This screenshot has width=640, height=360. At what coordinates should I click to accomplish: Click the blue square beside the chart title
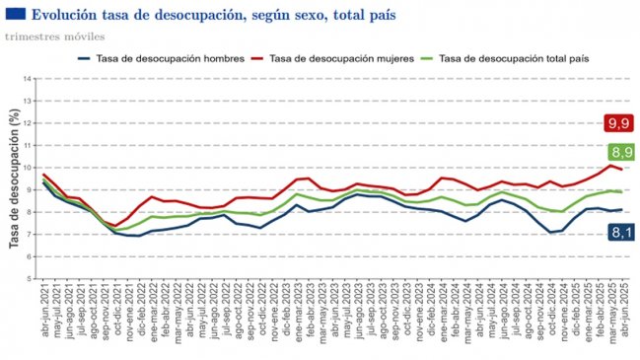pos(15,15)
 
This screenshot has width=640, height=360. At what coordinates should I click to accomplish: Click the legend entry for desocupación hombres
pos(161,59)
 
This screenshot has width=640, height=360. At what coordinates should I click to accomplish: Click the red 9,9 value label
pos(618,123)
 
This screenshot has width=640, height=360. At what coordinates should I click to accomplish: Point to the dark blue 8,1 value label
pos(618,232)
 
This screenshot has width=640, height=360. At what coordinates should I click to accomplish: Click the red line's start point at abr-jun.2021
pos(44,174)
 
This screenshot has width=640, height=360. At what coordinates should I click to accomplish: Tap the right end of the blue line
pos(621,209)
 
